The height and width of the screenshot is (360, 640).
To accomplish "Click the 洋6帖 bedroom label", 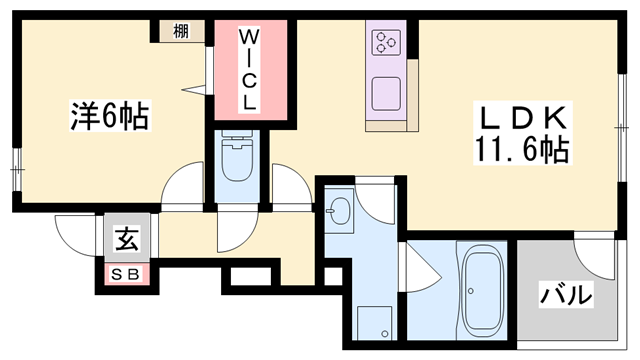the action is click(110, 116).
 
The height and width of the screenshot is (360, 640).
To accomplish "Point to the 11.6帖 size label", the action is click(522, 149).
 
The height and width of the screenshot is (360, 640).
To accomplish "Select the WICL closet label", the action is click(248, 70).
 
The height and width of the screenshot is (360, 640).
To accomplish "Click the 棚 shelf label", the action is click(181, 31).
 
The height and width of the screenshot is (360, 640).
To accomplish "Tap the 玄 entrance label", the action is click(127, 239).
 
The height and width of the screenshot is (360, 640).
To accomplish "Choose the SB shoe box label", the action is click(126, 274).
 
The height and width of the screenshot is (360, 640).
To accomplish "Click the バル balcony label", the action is click(565, 295).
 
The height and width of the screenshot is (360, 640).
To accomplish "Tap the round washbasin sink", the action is click(339, 211).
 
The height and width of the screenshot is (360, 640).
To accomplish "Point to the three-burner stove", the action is click(386, 42).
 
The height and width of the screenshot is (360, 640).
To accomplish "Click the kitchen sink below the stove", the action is click(386, 94).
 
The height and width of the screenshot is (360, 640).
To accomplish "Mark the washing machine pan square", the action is click(374, 322).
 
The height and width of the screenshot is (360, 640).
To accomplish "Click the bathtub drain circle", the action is click(471, 291).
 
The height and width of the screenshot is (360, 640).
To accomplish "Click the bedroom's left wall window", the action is click(16, 169).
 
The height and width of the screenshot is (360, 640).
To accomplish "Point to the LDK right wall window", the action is click(622, 128).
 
